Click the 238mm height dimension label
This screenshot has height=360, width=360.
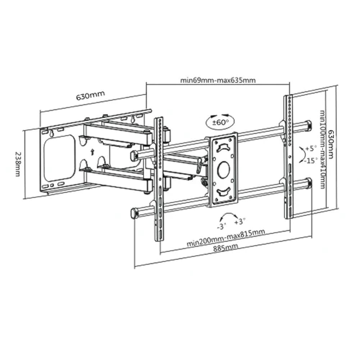(18, 164)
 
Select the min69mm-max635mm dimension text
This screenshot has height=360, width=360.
(218, 80)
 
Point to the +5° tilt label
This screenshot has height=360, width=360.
(311, 148)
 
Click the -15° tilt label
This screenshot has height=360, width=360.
(311, 160)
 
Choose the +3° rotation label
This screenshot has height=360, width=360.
(240, 222)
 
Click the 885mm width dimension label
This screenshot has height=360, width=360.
(226, 248)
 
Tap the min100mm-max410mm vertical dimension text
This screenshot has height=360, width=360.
(323, 150)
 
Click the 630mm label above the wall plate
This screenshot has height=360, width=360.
(90, 96)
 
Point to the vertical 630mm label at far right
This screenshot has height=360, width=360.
(331, 145)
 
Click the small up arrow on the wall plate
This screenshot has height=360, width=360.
(92, 152)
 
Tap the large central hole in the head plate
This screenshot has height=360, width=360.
(223, 170)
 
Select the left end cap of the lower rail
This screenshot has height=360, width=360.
(134, 213)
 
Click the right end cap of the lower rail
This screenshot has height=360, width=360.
(308, 183)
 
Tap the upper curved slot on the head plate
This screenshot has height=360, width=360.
(223, 147)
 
